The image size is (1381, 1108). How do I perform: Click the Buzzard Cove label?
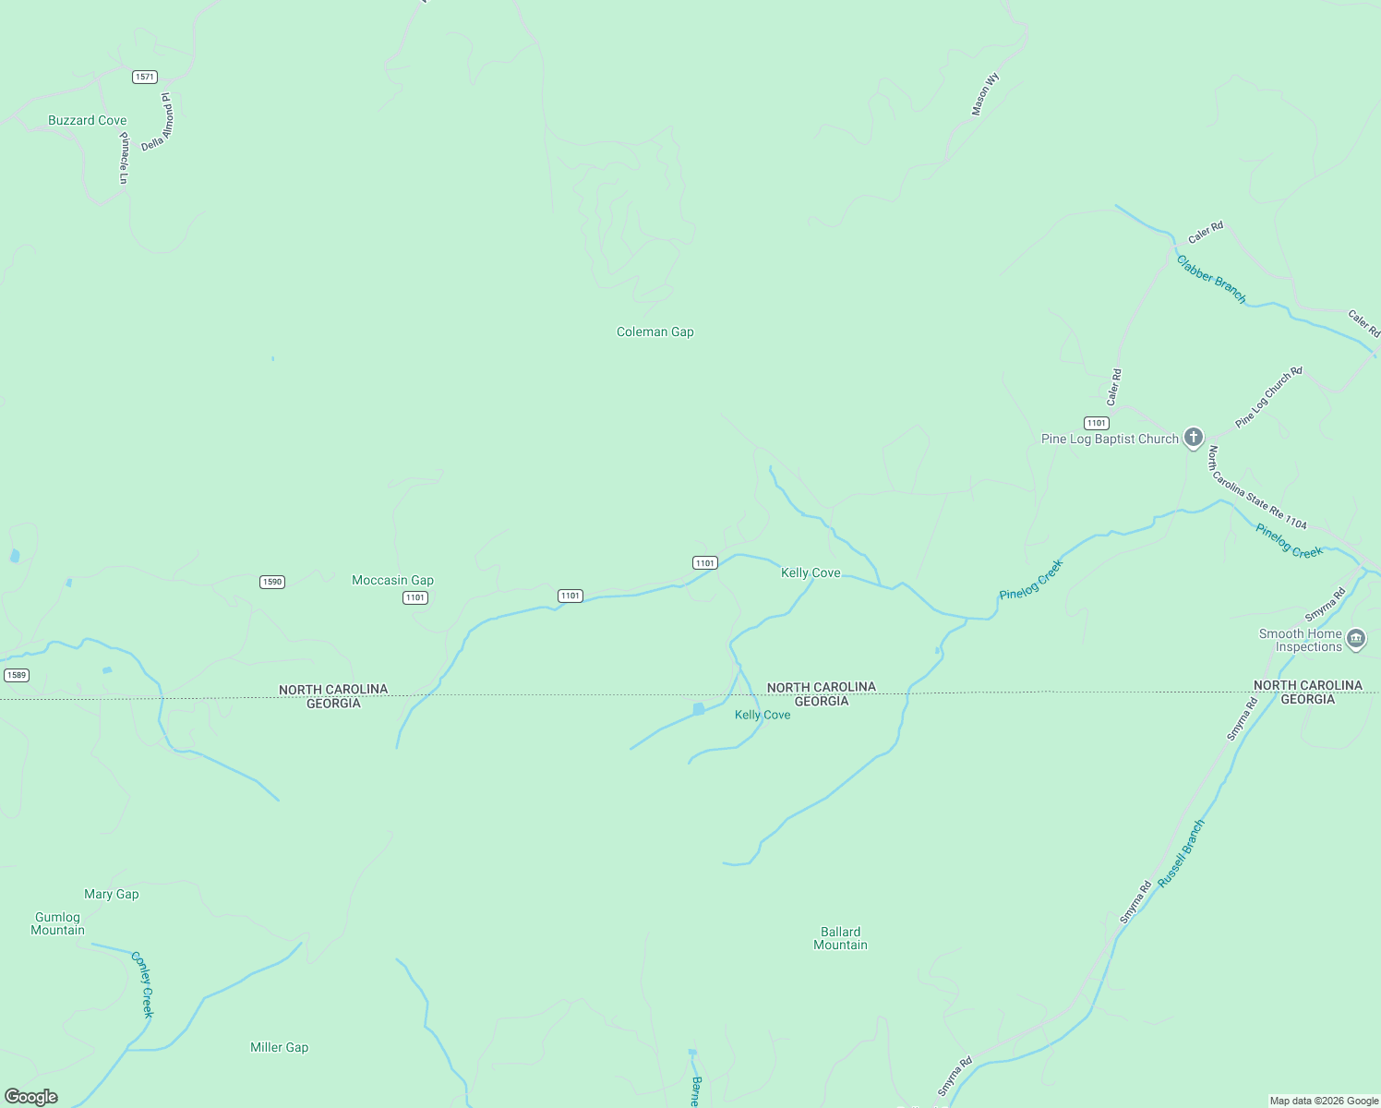tap(87, 120)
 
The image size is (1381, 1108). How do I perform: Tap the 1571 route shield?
tap(144, 77)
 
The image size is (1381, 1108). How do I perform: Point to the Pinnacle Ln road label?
tap(124, 158)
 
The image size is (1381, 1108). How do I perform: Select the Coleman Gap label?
tap(654, 331)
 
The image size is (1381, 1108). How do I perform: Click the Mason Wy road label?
tap(984, 95)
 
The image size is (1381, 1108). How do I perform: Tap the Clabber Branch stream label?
tap(1211, 279)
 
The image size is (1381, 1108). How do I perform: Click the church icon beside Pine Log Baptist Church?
tap(1193, 437)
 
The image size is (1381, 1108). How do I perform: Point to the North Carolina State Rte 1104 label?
tap(1257, 488)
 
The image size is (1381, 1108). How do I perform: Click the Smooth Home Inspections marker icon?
tap(1355, 638)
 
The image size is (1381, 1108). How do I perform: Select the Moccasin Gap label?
tap(392, 580)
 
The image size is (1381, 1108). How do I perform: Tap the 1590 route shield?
tap(271, 582)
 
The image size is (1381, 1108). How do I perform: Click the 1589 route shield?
tap(16, 675)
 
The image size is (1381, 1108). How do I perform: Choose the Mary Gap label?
tap(111, 894)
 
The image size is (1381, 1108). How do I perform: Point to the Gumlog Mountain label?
tap(57, 923)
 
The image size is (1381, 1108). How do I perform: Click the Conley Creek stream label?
tap(143, 984)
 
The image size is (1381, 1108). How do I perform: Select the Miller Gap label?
tap(279, 1047)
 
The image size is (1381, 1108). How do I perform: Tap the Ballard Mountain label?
tap(840, 938)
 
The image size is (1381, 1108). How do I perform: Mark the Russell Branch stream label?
tap(1182, 853)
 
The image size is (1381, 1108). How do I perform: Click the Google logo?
tap(31, 1097)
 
